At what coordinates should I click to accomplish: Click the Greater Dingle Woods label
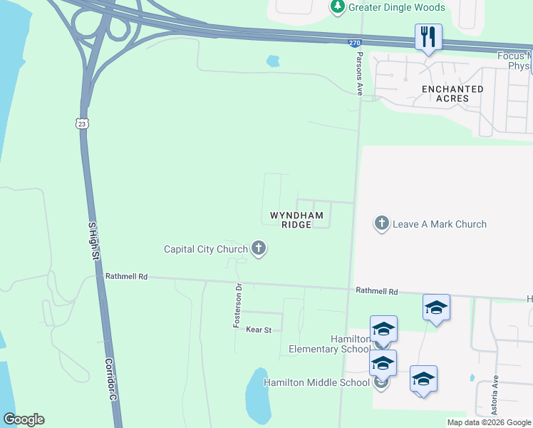pos(396,8)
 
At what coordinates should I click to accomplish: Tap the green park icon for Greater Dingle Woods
pos(338,8)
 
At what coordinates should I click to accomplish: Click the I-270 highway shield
pos(354,43)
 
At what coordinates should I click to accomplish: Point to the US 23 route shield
pos(82,123)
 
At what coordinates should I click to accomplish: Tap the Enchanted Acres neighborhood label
pos(452,93)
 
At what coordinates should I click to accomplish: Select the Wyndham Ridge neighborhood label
pos(296,220)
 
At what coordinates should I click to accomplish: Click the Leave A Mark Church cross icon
pos(382,224)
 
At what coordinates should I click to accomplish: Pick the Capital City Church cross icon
pos(259,249)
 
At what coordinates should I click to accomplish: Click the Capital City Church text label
pos(205,249)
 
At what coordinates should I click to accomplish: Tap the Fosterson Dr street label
pos(239,306)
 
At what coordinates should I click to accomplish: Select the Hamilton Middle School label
pos(316,382)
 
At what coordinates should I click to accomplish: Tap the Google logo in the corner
pos(24,419)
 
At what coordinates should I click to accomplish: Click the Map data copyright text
pos(489,422)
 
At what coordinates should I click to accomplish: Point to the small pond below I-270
pos(273,61)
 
